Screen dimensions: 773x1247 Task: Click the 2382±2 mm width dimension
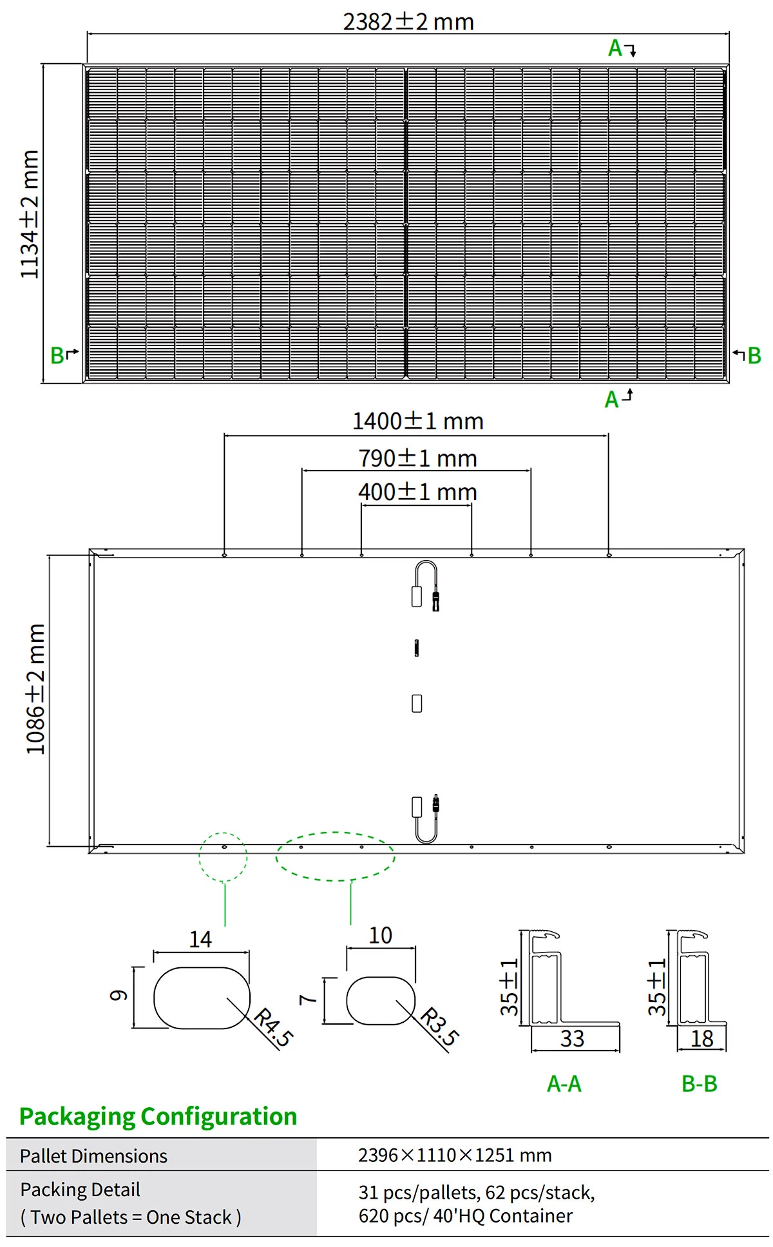[408, 22]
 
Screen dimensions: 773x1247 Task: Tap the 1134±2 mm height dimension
[30, 215]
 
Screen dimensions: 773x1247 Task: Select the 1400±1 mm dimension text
[417, 421]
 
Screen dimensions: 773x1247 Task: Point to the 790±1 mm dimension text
[417, 458]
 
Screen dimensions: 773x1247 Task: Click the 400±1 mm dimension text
[417, 492]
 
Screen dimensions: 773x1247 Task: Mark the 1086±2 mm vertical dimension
[35, 689]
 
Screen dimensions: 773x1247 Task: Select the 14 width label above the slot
[200, 939]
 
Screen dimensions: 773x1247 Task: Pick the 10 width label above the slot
[380, 935]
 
